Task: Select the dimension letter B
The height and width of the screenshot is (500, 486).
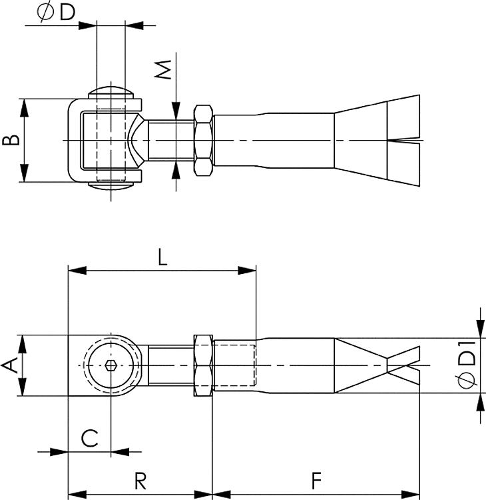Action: coord(10,141)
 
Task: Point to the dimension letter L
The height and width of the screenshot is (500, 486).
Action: coord(162,257)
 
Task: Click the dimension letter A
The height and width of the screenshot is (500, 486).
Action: coord(10,365)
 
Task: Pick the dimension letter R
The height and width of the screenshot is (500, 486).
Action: coord(140,481)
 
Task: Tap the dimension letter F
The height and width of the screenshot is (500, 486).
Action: coord(317,481)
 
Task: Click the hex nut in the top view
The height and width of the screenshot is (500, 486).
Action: coord(203,141)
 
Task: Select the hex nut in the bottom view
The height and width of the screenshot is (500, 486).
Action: coord(202,365)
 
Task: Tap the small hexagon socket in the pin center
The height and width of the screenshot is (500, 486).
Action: coord(111,365)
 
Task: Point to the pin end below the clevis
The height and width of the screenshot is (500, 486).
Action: coord(111,187)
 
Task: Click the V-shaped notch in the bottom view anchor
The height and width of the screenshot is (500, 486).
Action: coord(399,365)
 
